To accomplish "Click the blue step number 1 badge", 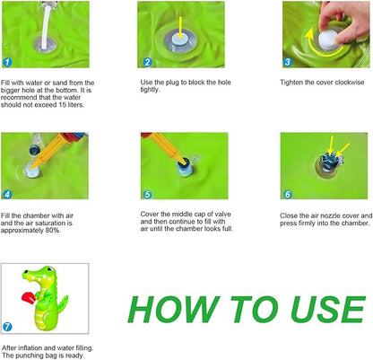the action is tap(7, 62).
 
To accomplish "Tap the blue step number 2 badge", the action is tap(147, 62).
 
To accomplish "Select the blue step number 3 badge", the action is tap(288, 62).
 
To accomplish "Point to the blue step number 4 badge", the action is tap(7, 195).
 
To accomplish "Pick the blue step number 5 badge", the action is tap(147, 194).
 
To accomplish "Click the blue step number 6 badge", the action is tap(288, 194).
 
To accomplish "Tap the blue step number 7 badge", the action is tap(7, 327).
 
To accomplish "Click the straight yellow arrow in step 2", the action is tap(180, 28).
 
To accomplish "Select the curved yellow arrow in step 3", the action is tap(317, 48).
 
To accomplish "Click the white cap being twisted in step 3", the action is tap(328, 40).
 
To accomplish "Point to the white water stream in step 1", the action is tap(46, 26).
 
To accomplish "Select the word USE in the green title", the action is tap(328, 310).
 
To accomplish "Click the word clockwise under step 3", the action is tap(350, 83).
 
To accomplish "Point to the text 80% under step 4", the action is tap(52, 231).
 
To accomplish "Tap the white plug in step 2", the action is tap(181, 40).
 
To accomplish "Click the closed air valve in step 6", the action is tap(330, 162).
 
